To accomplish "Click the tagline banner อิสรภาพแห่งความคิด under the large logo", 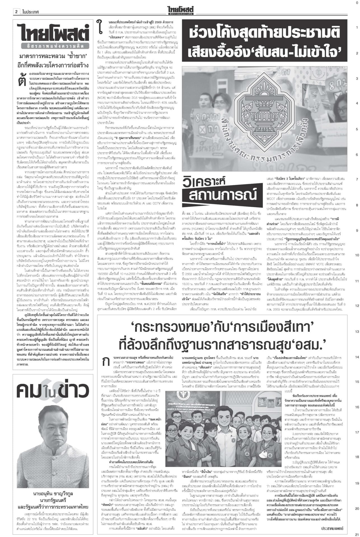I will (53, 46).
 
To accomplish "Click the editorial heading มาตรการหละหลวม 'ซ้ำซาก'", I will (53, 57).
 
